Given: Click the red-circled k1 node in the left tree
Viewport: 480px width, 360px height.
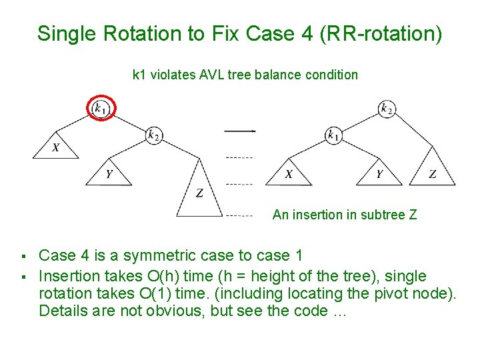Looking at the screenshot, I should [x=101, y=107].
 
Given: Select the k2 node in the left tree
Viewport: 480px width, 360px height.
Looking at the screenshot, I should [x=154, y=135].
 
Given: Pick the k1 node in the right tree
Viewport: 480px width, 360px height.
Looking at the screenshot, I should [x=333, y=135].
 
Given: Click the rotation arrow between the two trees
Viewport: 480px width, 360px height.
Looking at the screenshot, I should [x=239, y=131].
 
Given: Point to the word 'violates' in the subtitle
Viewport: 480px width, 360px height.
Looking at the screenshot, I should [x=173, y=75].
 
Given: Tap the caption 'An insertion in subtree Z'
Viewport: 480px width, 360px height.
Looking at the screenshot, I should [x=345, y=215].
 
